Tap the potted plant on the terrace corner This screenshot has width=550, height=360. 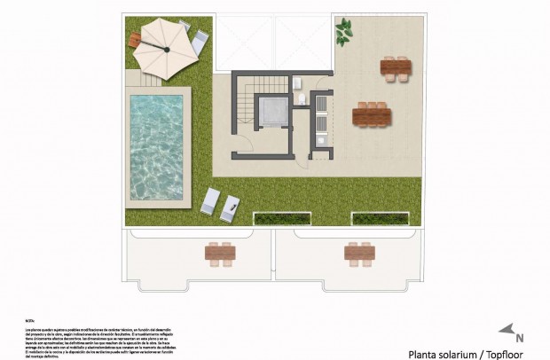pos(343,34)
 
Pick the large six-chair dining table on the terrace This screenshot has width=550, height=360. pos(372,115)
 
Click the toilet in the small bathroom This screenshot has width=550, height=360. pos(302,98)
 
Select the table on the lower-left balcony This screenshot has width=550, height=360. pos(220,254)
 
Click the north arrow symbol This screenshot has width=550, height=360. pos(507,330)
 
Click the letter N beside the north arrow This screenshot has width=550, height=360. pos(520,338)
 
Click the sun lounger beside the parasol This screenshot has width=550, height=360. pos(200,39)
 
